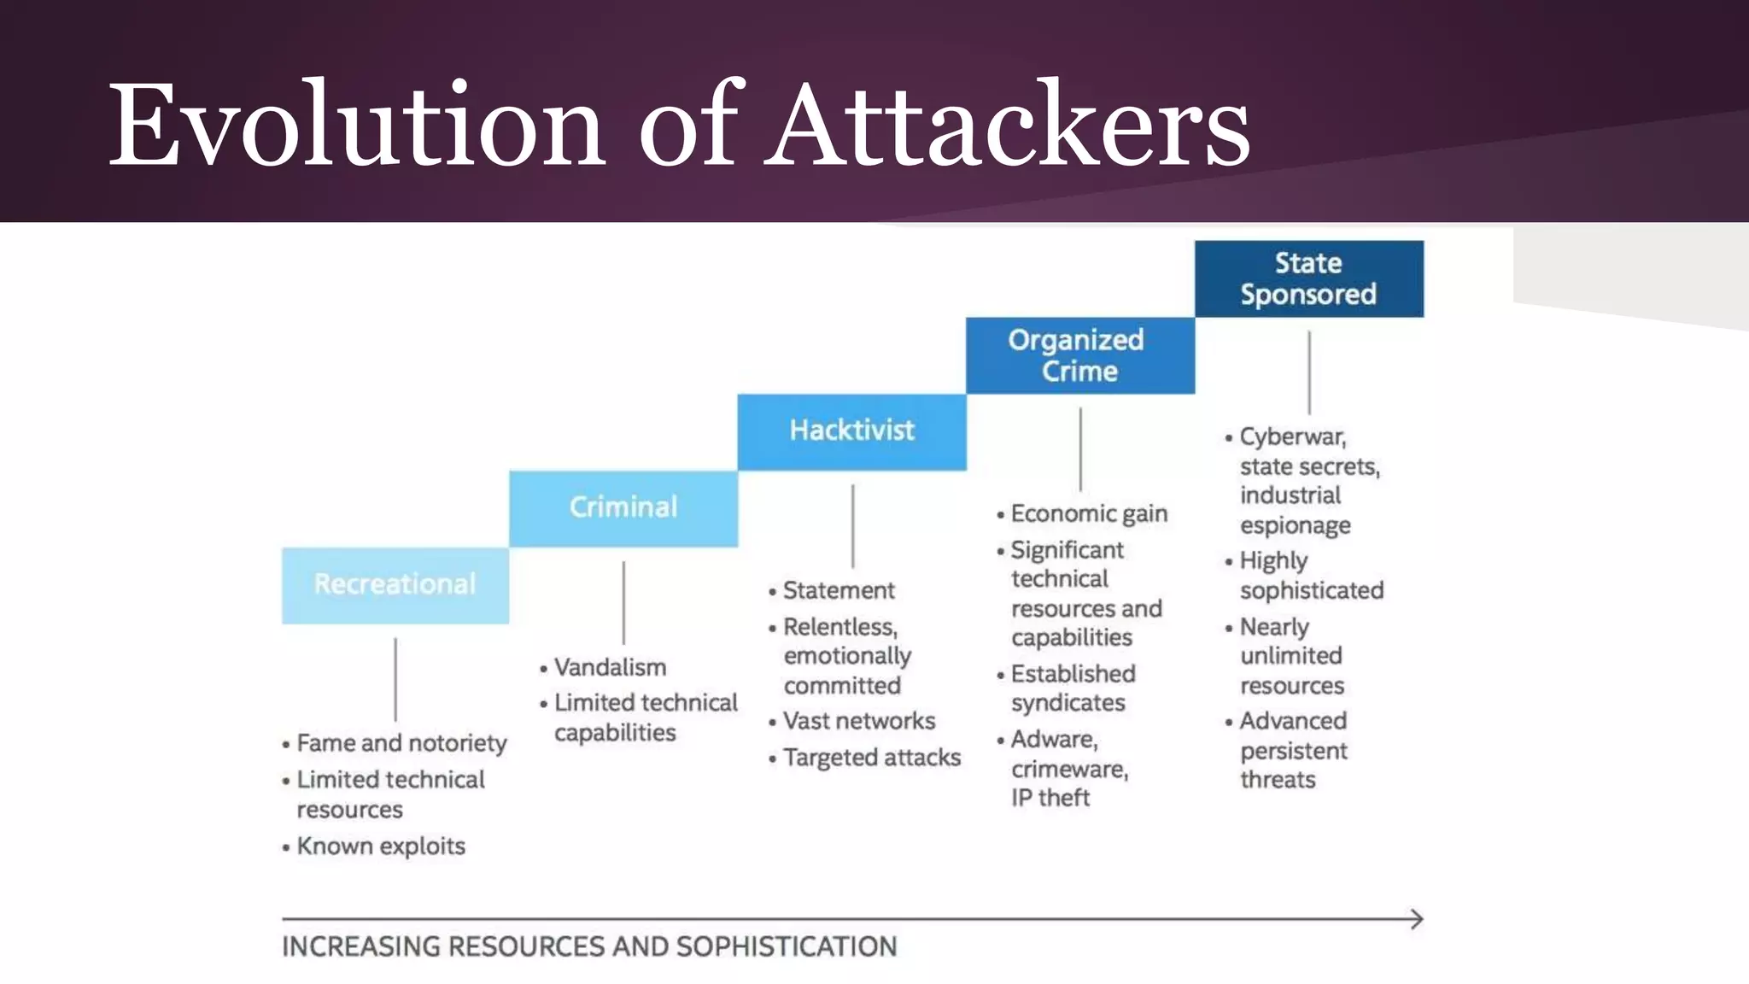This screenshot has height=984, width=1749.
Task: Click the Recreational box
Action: (x=395, y=585)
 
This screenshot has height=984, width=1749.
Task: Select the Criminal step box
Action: (x=623, y=508)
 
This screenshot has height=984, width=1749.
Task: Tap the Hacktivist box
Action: (x=851, y=431)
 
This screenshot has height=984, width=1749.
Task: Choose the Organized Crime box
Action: (x=1079, y=355)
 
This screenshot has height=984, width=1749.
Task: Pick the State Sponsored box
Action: (x=1308, y=278)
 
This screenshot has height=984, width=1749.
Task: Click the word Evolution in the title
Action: (x=357, y=124)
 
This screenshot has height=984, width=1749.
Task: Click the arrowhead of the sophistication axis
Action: (x=1417, y=919)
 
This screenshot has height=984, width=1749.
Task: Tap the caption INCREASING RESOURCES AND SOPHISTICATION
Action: (x=589, y=946)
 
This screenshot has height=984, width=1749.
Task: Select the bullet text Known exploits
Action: (x=381, y=846)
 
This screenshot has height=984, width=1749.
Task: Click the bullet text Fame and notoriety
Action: (x=401, y=743)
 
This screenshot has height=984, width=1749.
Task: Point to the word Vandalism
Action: (x=610, y=667)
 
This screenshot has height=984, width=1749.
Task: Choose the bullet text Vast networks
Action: (x=859, y=721)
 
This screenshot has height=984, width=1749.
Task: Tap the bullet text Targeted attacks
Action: (x=872, y=758)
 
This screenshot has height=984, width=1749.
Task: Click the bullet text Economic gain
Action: (x=1089, y=513)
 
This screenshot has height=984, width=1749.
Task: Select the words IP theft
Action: (x=1050, y=798)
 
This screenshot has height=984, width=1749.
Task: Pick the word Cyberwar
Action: (x=1292, y=436)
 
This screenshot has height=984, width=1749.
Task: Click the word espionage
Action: (x=1296, y=525)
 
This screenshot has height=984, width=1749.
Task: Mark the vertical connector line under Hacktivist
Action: (x=852, y=526)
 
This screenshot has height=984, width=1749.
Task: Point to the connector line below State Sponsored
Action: (x=1309, y=372)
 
